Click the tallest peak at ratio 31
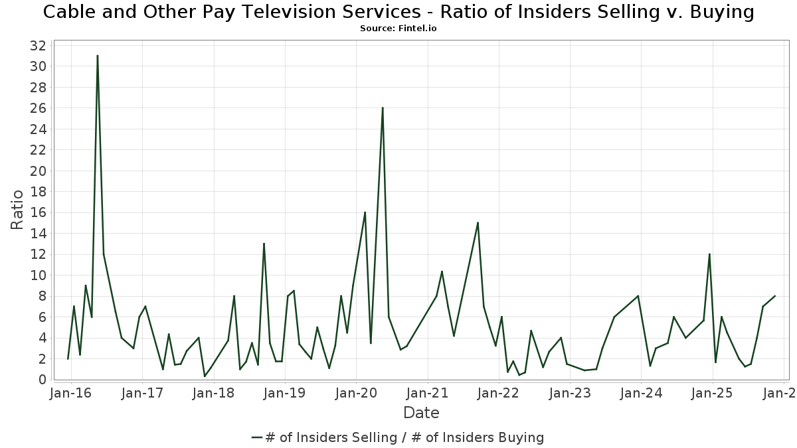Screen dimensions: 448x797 [x=97, y=56]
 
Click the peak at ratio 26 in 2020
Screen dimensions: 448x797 [x=383, y=108]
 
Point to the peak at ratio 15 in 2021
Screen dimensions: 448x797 [x=478, y=222]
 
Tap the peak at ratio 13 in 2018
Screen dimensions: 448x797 [x=264, y=244]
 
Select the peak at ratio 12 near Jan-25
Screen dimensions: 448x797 [x=709, y=254]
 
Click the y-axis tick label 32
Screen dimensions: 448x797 [x=38, y=46]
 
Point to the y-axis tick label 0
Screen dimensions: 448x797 [x=42, y=380]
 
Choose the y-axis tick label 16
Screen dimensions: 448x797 [x=38, y=212]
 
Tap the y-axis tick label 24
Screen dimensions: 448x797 [x=38, y=129]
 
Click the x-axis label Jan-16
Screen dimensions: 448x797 [x=71, y=393]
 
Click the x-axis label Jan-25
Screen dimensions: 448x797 [x=712, y=393]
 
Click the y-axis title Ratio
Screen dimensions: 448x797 [x=18, y=210]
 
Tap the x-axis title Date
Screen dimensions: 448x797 [x=421, y=413]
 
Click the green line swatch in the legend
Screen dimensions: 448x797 [x=257, y=437]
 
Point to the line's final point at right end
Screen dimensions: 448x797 [x=774, y=296]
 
